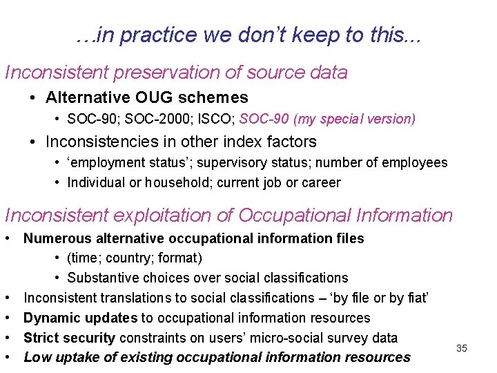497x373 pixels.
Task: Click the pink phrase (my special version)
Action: [x=354, y=119]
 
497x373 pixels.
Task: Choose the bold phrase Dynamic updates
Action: [x=81, y=318]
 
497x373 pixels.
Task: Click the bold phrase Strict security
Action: [x=70, y=338]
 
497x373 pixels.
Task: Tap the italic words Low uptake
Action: [x=59, y=357]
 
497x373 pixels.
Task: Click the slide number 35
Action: [x=462, y=348]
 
